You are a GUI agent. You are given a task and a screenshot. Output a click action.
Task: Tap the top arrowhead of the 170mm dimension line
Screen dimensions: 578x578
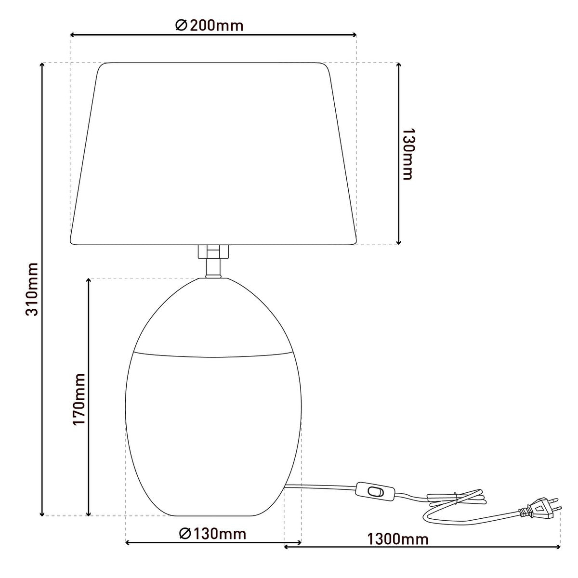click(89, 281)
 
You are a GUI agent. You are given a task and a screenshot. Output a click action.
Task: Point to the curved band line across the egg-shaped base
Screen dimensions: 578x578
click(212, 357)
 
